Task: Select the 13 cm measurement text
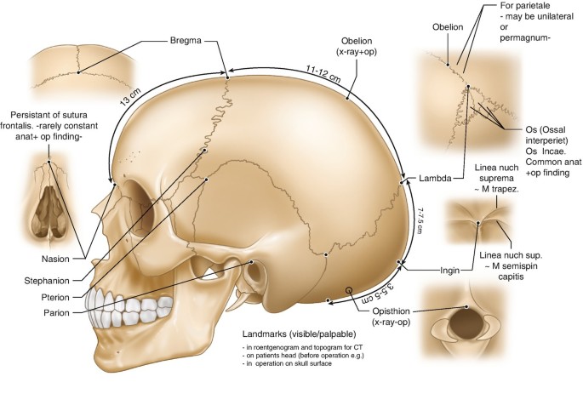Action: tap(131, 95)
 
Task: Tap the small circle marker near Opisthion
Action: tap(349, 290)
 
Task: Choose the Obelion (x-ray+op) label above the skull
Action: tap(357, 46)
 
